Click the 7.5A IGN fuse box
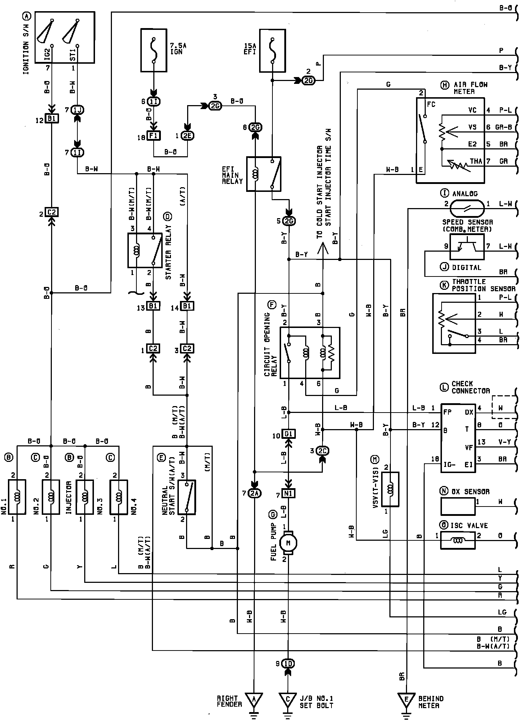153,50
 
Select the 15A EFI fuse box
272,50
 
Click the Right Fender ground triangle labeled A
254,699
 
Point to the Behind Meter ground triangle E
407,699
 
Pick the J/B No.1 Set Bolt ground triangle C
288,699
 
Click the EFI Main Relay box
263,174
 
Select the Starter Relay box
145,250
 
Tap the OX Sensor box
458,507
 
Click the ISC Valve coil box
458,540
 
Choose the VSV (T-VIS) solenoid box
390,489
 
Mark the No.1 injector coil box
17,497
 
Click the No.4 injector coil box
119,497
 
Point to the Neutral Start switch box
187,497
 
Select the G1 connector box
288,434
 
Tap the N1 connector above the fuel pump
288,494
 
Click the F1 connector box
153,135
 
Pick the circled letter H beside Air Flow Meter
445,85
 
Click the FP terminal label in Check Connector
448,412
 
